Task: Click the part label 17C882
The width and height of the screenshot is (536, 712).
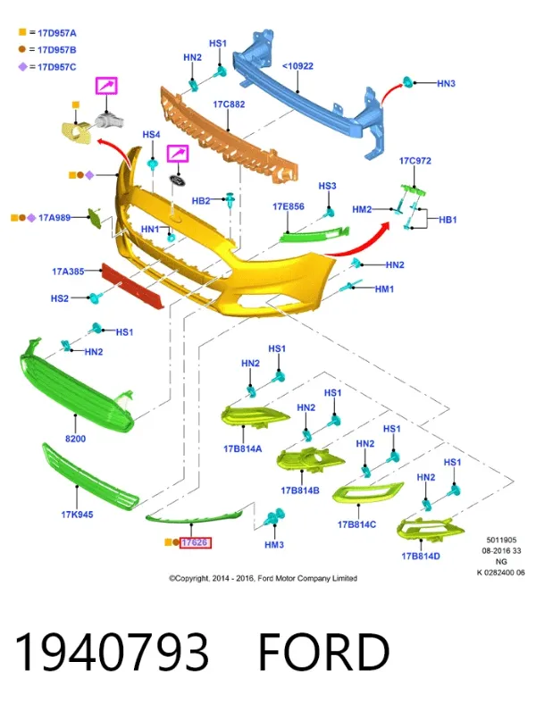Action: pos(229,105)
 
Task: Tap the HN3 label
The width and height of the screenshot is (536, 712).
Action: pos(446,84)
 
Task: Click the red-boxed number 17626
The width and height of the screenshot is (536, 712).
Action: pos(195,542)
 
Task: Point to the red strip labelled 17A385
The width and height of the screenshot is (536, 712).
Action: pos(132,287)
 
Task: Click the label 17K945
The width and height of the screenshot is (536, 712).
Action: pos(77,515)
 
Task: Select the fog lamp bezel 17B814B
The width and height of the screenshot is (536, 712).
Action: pos(310,459)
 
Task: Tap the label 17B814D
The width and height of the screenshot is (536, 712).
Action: pos(421,557)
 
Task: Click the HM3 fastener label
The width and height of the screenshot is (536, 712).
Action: pos(274,544)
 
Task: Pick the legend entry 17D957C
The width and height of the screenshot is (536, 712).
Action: pos(57,67)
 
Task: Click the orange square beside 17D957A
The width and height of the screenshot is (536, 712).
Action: pos(22,32)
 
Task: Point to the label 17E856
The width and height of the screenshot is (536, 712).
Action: pos(289,206)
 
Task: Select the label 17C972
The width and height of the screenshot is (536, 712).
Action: pos(415,161)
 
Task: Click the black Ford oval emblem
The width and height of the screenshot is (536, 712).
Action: pos(178,180)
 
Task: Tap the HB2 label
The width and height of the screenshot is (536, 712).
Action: pos(201,201)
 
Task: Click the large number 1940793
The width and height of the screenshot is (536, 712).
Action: pos(112,651)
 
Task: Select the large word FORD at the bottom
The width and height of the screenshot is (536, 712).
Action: pos(324,651)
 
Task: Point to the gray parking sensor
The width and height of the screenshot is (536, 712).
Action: pos(109,121)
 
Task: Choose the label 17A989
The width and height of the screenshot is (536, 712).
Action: pos(54,218)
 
